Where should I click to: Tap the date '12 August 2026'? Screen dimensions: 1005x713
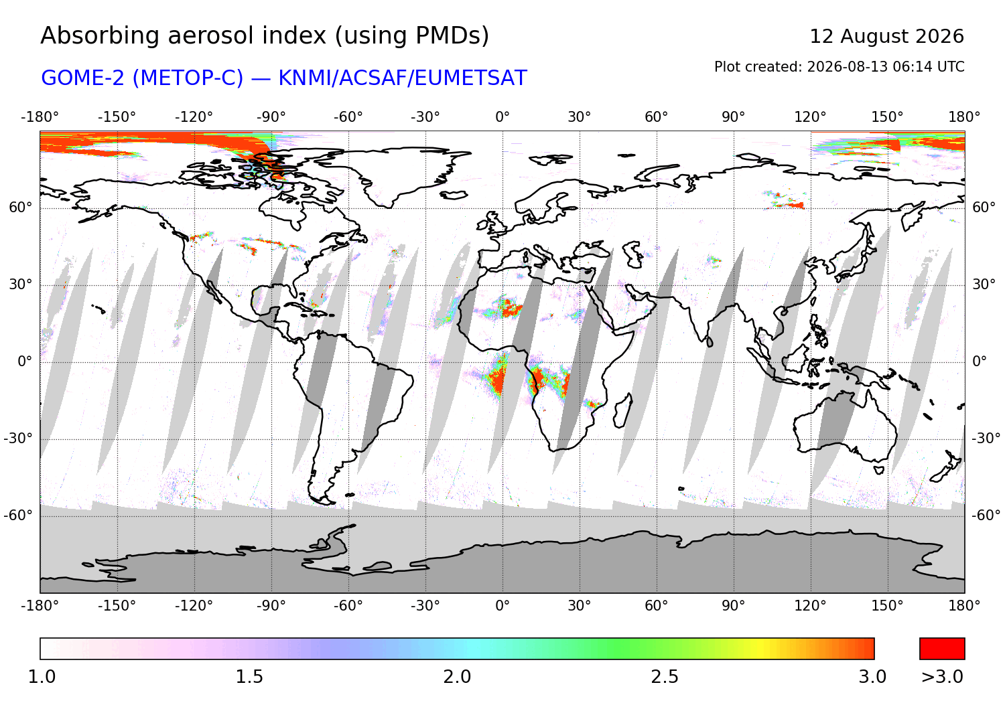tap(886, 37)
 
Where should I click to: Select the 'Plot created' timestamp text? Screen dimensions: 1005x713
tap(839, 67)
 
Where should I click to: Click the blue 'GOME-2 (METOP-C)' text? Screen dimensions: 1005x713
tap(142, 78)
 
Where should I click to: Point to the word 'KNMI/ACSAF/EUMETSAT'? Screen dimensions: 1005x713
tap(403, 78)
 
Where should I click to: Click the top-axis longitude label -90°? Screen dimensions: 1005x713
tap(271, 117)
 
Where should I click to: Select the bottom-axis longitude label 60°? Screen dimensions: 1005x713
tap(657, 607)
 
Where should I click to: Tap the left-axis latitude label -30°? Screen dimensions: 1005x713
tap(18, 439)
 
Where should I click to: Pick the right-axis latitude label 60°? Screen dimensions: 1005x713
tap(984, 208)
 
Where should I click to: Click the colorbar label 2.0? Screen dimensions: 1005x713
tap(457, 677)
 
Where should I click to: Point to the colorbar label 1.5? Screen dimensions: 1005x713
tap(249, 677)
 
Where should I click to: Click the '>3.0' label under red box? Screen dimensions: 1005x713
tap(942, 677)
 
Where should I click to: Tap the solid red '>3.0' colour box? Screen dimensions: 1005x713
tap(942, 649)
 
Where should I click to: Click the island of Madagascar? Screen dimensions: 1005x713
tap(622, 411)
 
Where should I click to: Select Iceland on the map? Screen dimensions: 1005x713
tap(454, 195)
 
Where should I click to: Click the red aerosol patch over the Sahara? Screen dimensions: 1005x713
tap(510, 308)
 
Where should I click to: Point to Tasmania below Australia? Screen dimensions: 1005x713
tap(879, 471)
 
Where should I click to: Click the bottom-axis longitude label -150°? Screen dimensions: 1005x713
tap(117, 607)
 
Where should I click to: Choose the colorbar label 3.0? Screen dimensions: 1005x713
tap(872, 677)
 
